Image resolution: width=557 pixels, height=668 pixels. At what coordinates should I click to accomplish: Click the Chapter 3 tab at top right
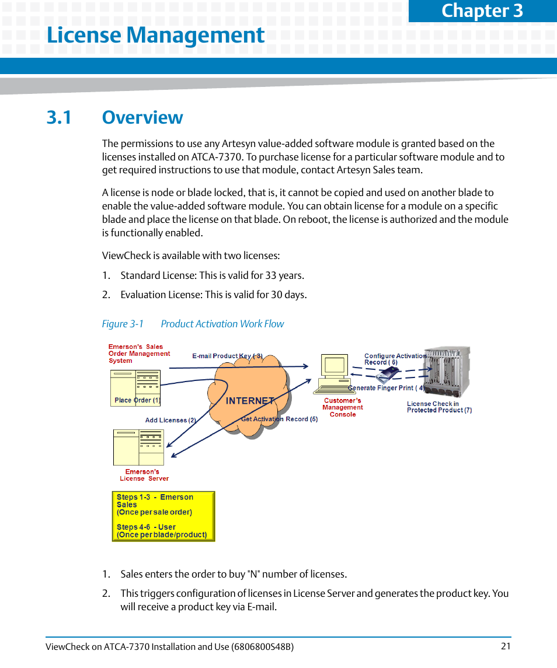(482, 11)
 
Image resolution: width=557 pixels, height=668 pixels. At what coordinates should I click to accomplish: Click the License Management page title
(155, 36)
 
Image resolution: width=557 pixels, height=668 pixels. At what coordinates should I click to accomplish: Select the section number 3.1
(59, 117)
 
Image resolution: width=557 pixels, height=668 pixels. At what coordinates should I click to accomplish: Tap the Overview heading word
(142, 117)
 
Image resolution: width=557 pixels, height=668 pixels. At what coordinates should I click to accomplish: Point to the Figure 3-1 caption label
(123, 324)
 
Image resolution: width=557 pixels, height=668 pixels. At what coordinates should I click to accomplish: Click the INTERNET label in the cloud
(250, 401)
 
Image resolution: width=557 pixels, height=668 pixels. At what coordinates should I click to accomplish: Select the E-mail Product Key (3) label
(227, 356)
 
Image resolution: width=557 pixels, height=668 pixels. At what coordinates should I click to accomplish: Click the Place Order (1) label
(137, 400)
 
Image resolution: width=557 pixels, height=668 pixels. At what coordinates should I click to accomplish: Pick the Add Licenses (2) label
(170, 420)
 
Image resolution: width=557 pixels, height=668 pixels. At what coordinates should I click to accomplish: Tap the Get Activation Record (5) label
(279, 419)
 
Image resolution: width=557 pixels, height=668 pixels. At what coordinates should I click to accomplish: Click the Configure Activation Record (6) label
(394, 359)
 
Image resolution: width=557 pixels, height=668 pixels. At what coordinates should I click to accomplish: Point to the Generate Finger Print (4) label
(386, 388)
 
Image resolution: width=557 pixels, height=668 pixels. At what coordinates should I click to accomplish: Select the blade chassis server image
(446, 372)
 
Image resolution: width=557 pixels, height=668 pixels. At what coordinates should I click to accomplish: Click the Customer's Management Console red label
(343, 407)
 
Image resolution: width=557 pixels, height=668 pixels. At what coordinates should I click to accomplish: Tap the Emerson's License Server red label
(144, 475)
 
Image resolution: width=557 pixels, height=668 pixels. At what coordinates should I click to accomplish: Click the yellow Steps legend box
(163, 516)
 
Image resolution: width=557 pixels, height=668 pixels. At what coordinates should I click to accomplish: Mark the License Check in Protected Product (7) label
(439, 407)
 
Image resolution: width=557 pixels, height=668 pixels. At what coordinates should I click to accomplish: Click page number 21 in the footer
(506, 646)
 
